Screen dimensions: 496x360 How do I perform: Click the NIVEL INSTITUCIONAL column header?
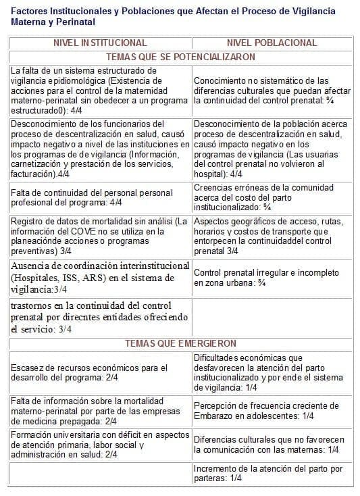pos(99,43)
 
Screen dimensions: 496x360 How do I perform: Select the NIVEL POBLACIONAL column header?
pos(272,43)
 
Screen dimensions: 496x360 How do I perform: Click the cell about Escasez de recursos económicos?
pos(99,372)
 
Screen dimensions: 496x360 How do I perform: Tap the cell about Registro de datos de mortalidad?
pos(99,236)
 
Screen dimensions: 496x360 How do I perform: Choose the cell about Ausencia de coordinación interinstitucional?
pos(99,277)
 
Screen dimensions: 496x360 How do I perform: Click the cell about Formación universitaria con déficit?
pos(99,444)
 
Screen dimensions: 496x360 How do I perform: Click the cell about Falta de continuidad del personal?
pos(99,197)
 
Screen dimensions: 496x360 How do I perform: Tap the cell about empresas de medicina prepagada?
pos(99,410)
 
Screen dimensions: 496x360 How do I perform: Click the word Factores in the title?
pos(32,11)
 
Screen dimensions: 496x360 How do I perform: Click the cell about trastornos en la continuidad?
pos(99,317)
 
